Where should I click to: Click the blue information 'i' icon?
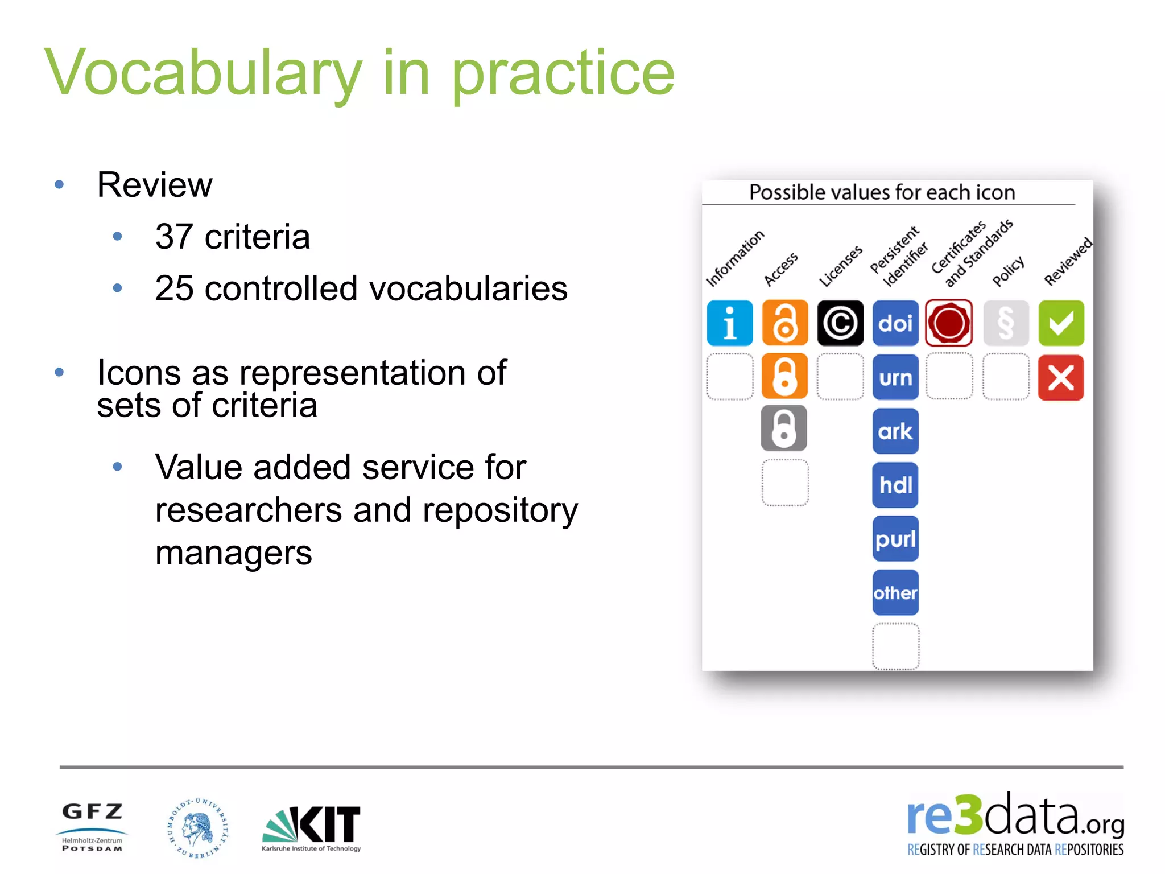pos(729,323)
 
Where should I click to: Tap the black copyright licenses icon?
pos(840,323)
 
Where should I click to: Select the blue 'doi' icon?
pos(895,323)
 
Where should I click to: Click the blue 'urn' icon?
pos(895,377)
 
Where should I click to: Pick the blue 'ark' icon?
pos(895,431)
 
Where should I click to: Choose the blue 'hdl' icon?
pos(895,485)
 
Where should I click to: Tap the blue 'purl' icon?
pos(895,539)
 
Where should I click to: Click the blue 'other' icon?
pos(895,593)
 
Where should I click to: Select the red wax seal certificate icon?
pos(949,323)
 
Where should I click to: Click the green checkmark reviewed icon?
pos(1061,323)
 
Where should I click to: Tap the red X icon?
pos(1061,377)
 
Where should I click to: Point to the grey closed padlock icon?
pos(784,428)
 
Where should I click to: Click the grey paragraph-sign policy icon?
pos(1006,323)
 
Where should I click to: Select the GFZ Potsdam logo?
pos(92,827)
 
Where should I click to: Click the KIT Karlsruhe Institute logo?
pos(311,828)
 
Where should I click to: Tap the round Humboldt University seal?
pos(198,827)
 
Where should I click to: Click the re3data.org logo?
pos(1015,824)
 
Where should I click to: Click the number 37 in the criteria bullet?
pos(173,237)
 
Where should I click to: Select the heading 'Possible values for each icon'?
pos(882,192)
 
